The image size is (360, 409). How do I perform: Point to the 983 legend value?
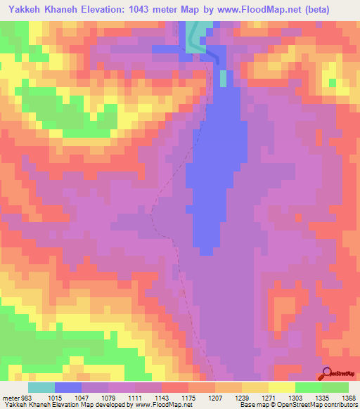coord(26,398)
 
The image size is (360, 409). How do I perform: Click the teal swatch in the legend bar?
coord(41,387)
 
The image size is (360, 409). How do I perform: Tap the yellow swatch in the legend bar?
coord(282,387)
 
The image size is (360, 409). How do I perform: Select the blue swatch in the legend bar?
coord(67,387)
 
